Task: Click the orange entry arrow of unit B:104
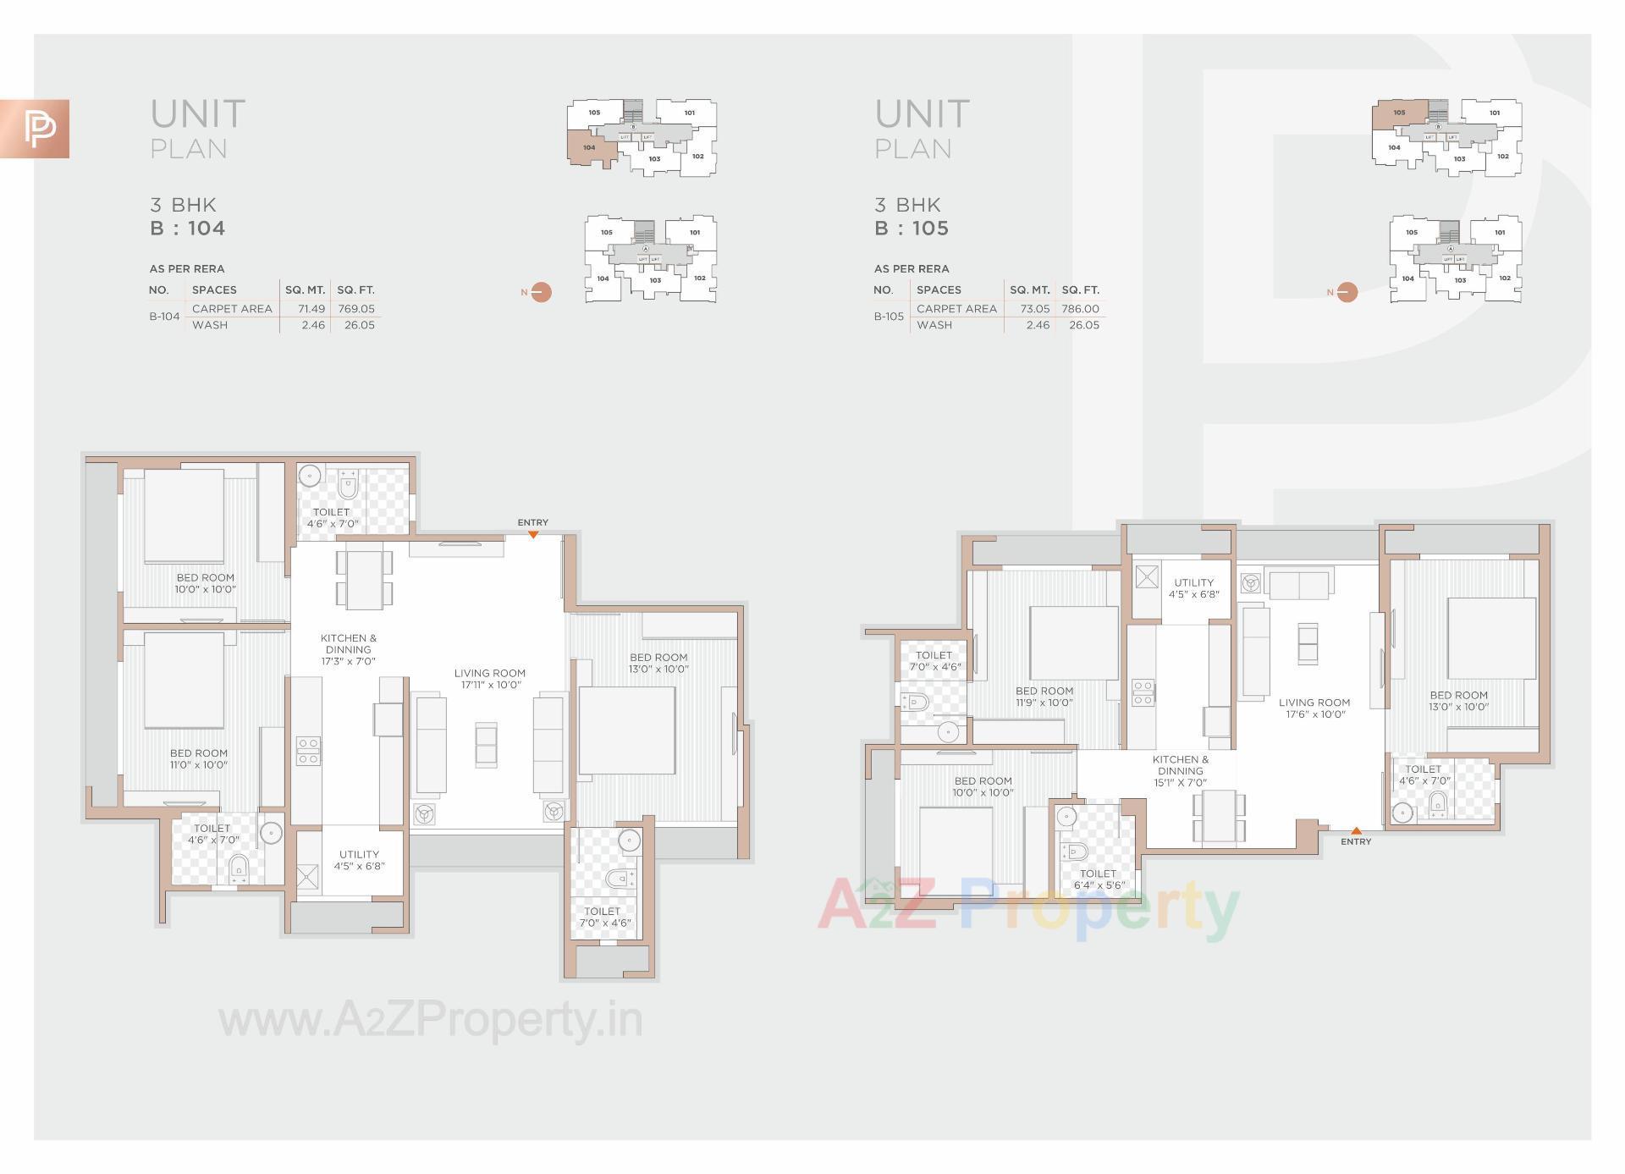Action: (x=533, y=534)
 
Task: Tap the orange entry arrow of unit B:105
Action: (x=1356, y=831)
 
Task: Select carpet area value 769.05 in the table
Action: (x=355, y=309)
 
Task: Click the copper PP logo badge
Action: (x=35, y=129)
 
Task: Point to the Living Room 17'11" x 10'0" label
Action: (x=490, y=679)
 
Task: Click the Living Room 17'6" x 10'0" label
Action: (x=1314, y=708)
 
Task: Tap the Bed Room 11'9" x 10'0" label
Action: (x=1044, y=697)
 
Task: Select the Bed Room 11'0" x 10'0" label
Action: (x=199, y=758)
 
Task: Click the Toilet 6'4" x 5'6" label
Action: (x=1098, y=879)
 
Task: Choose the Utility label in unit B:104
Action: (x=359, y=860)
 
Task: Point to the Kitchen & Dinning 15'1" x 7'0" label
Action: (x=1181, y=771)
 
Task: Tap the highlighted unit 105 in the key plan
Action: (x=1399, y=113)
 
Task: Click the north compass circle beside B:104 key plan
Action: (x=542, y=292)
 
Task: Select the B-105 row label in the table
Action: (x=889, y=317)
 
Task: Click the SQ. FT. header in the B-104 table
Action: (x=355, y=289)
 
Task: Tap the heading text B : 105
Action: (x=912, y=229)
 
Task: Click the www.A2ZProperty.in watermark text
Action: (x=431, y=1021)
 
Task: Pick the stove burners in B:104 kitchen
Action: (x=308, y=752)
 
